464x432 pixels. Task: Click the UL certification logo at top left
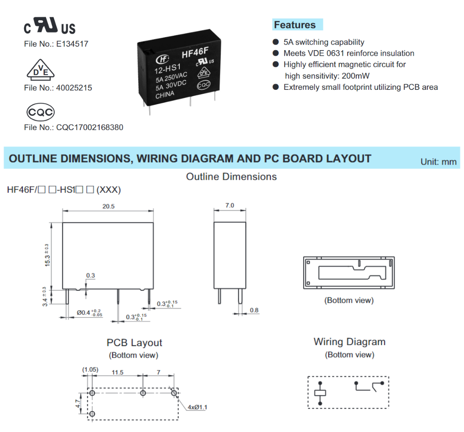point(50,26)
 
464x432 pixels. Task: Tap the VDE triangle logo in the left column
point(39,70)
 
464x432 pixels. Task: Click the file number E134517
point(72,44)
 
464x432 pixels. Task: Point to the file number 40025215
point(74,88)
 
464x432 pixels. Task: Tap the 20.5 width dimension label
point(108,206)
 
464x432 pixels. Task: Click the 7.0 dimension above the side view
point(230,206)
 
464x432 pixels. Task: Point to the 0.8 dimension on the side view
point(254,310)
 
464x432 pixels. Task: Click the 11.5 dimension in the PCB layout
point(118,372)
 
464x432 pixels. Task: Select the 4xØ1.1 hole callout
point(197,407)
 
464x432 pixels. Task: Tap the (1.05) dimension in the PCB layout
point(90,370)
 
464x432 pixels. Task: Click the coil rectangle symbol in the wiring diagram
point(320,393)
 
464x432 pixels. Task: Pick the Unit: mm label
point(438,162)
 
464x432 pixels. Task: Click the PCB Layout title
point(134,343)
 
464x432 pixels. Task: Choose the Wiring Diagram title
point(349,342)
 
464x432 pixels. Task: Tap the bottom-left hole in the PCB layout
point(92,414)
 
